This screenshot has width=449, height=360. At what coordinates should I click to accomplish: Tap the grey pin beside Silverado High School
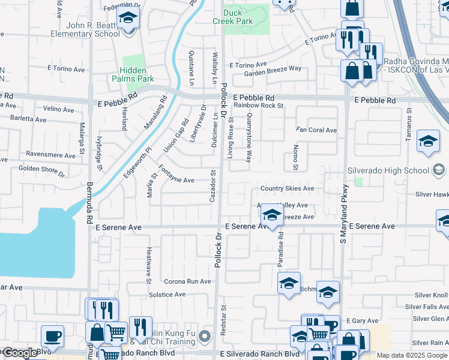coord(439,170)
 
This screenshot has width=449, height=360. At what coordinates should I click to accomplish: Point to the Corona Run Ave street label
coord(188,281)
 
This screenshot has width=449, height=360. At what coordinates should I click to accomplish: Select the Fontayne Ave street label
coord(176,180)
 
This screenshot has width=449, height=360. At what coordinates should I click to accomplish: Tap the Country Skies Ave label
coord(287,188)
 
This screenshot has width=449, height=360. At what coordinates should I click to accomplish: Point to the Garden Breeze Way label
coord(273,68)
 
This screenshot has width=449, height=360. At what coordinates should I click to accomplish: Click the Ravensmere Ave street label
coord(50,154)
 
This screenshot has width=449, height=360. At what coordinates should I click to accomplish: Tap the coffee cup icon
coord(52,337)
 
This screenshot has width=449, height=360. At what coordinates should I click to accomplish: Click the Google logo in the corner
coord(20,353)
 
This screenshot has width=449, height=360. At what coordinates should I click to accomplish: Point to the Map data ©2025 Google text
coord(411,355)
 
